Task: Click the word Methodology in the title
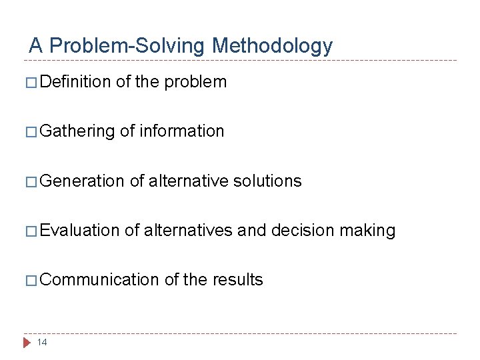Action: click(x=272, y=45)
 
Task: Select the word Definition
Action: click(x=75, y=82)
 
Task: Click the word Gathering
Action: click(x=77, y=131)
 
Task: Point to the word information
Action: click(x=182, y=131)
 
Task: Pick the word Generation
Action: click(x=82, y=181)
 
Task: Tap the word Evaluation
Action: click(x=80, y=231)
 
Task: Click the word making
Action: click(x=367, y=231)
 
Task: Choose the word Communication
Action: click(x=99, y=280)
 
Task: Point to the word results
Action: click(x=238, y=280)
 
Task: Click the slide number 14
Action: click(x=42, y=343)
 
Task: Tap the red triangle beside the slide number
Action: click(x=27, y=343)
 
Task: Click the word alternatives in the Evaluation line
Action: click(x=188, y=231)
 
